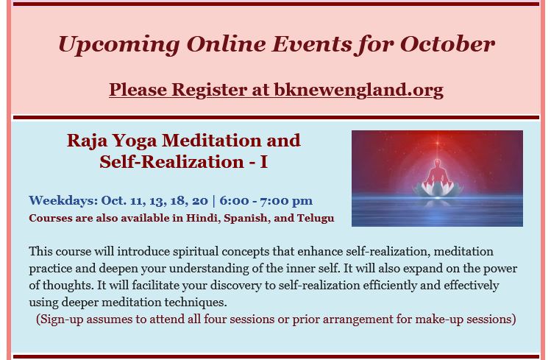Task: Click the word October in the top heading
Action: (447, 44)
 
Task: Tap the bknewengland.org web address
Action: (358, 89)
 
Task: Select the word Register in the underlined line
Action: (209, 90)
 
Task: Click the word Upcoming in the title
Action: (118, 45)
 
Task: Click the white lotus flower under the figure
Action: (437, 188)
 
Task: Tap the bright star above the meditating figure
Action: (437, 143)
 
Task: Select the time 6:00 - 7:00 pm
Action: (266, 201)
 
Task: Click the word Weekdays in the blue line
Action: (63, 201)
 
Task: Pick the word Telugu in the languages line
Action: (316, 219)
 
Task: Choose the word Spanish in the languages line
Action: (246, 219)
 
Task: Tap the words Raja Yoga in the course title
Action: (112, 141)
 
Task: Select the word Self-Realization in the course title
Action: (172, 162)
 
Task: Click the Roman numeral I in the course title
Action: (263, 162)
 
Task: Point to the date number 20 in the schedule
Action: (199, 200)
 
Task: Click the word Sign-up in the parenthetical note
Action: (62, 320)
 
